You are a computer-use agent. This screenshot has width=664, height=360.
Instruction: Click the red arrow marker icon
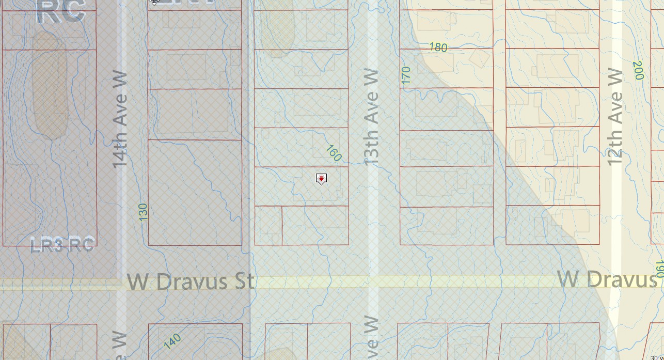[x=321, y=179]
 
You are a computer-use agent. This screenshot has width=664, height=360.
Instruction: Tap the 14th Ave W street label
[x=120, y=119]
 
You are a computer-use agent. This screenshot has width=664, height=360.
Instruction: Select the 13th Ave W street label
[x=372, y=117]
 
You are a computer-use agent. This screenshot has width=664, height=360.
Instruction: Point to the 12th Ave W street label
[x=615, y=117]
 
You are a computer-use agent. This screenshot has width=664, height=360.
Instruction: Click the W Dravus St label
[x=191, y=282]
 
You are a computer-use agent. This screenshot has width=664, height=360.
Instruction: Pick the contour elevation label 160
[x=334, y=153]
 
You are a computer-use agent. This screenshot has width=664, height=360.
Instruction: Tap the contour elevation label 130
[x=143, y=212]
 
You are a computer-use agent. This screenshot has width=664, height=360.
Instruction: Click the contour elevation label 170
[x=406, y=76]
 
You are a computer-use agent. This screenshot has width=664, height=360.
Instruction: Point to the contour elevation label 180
[x=438, y=48]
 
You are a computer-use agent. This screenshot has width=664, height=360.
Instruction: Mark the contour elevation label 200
[x=638, y=70]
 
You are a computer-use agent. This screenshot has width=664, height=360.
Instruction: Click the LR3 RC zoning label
[x=62, y=244]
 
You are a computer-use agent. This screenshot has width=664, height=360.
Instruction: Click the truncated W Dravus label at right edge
[x=607, y=280]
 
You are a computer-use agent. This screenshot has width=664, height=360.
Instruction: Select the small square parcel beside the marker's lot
[x=268, y=225]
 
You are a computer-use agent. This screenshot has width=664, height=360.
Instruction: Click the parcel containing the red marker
[x=302, y=186]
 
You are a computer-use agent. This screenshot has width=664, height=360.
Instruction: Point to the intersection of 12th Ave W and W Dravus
[x=615, y=281]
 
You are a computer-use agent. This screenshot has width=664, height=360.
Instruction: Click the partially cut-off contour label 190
[x=659, y=269]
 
